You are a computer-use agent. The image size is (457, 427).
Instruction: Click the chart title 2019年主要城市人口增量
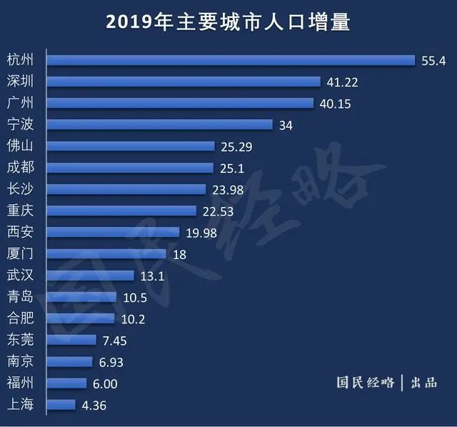click(228, 22)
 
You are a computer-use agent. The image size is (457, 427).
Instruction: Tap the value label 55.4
click(433, 61)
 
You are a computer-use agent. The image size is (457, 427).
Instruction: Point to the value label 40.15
click(334, 104)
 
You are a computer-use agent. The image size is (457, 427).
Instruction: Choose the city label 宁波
click(19, 124)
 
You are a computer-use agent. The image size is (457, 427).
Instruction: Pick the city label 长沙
click(19, 189)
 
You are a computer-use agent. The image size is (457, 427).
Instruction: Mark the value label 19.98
click(201, 233)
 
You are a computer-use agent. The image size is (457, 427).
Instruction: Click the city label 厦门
click(19, 253)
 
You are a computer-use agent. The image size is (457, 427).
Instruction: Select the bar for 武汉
click(91, 276)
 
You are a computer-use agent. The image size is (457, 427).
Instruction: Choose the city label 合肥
click(19, 318)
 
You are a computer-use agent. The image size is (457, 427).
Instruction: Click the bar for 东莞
click(72, 340)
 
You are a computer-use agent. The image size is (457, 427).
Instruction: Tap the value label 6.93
click(111, 362)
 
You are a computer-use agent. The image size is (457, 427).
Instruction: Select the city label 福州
click(19, 383)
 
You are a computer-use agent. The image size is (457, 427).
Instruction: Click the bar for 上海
click(61, 405)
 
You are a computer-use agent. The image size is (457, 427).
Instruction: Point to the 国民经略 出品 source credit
click(386, 382)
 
